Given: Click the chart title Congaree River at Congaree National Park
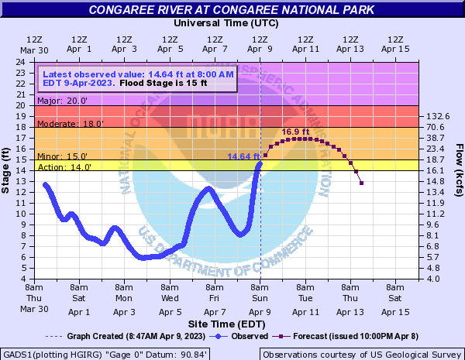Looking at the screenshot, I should coord(230,10).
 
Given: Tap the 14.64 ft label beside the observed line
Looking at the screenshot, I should coord(243,156).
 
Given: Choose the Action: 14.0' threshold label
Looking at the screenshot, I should coord(57,166).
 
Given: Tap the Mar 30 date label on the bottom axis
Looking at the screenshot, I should coord(34,308).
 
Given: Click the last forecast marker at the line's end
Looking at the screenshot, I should coord(362,183).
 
